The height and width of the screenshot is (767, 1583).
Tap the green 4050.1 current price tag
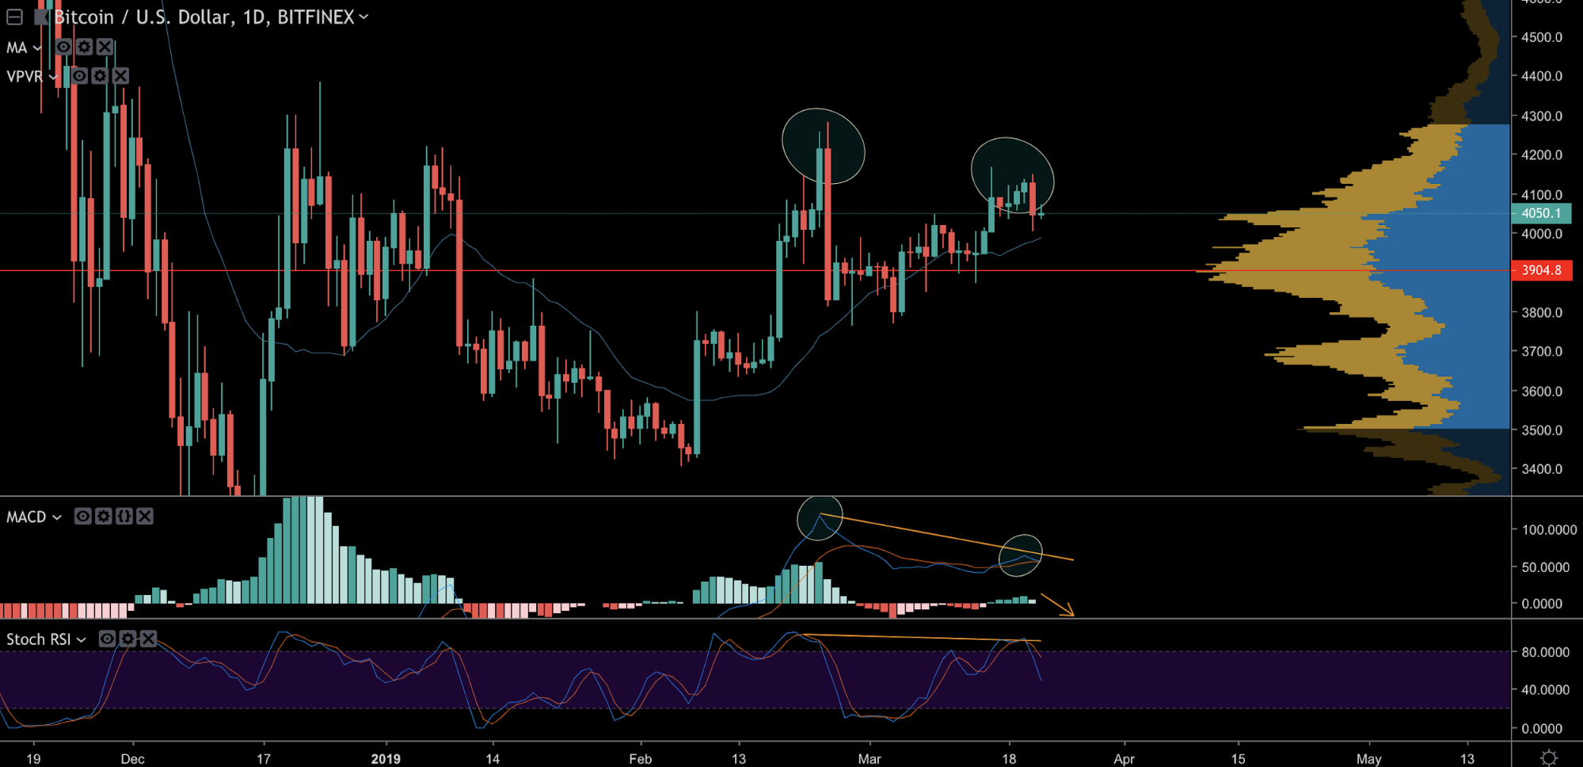(1541, 213)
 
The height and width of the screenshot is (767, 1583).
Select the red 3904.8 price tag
(1541, 270)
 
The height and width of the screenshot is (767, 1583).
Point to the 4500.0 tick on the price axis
(1541, 37)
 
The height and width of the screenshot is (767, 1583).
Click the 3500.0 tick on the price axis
(1541, 430)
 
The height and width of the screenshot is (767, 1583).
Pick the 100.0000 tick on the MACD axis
(1549, 529)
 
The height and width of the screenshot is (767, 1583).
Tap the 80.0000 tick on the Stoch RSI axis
(1545, 652)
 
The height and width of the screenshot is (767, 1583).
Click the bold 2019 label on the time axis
(386, 758)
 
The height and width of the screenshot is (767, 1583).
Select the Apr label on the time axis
(1124, 758)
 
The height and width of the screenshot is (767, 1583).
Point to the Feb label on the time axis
(640, 758)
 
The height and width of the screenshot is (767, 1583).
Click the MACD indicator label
(26, 517)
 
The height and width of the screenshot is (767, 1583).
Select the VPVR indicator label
(25, 76)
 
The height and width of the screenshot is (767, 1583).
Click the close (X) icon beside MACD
(145, 517)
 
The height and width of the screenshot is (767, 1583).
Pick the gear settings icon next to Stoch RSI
(127, 639)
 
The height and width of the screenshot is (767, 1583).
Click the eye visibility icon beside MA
(64, 47)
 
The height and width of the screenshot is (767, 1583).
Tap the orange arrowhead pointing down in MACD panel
(1069, 611)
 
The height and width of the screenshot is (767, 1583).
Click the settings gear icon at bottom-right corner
(1549, 757)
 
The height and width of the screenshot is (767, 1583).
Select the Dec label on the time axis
(132, 758)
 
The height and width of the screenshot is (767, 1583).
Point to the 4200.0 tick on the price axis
(1541, 155)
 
